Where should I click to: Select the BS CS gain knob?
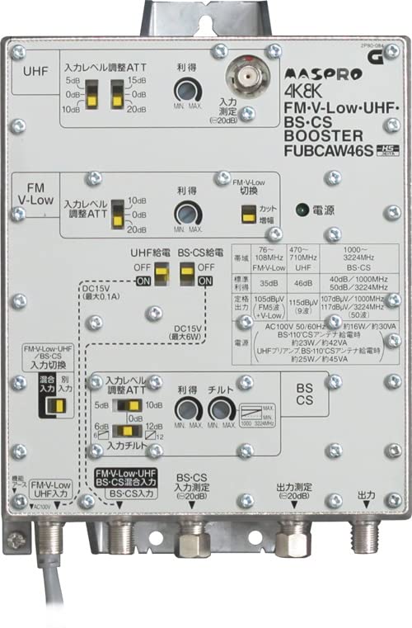pos(187,409)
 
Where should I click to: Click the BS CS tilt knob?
pos(220,409)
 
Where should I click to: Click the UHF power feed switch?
pos(162,273)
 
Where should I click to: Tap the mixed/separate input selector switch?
pos(59,406)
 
